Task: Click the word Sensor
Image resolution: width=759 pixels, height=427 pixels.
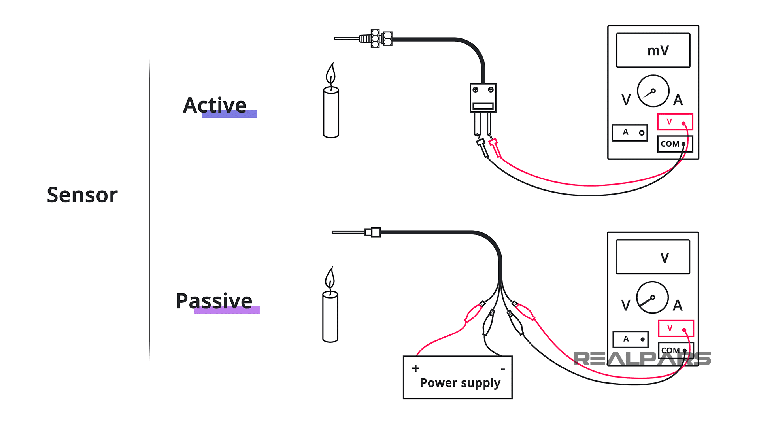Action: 82,195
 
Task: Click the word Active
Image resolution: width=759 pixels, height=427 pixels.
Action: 215,106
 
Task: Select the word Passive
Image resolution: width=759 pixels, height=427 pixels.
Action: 214,301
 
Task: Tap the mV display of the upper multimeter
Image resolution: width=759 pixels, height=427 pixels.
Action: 653,51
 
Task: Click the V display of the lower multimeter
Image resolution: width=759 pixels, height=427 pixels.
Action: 653,257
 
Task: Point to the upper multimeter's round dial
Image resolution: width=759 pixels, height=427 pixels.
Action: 653,91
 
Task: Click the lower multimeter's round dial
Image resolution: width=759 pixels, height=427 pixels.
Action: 652,297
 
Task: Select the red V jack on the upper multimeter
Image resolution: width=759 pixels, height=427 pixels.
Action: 675,122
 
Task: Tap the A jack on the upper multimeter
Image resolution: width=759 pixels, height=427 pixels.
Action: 629,133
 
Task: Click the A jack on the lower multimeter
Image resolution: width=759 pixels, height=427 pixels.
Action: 631,339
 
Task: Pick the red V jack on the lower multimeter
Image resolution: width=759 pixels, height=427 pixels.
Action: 676,328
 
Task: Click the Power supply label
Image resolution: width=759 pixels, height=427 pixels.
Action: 460,383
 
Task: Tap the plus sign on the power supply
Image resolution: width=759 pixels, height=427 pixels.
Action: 415,368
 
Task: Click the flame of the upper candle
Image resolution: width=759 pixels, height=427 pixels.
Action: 331,74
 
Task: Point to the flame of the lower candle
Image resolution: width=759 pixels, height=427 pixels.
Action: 330,278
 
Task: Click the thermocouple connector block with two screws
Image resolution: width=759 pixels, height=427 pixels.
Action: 483,98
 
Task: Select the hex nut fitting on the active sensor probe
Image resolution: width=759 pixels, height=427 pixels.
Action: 381,39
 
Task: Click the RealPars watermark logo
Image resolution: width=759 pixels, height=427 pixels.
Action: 642,359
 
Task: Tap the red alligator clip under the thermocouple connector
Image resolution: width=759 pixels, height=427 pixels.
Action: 495,147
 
